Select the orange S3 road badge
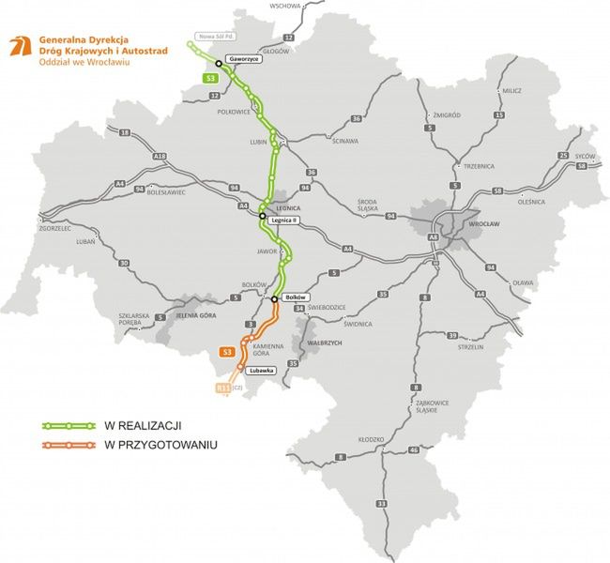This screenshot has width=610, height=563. [226, 352]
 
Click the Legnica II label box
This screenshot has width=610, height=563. [285, 221]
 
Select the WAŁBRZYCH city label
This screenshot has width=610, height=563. [324, 343]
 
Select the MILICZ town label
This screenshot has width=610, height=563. [511, 91]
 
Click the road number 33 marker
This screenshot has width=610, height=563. [382, 504]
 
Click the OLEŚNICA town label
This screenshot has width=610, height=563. [529, 201]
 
